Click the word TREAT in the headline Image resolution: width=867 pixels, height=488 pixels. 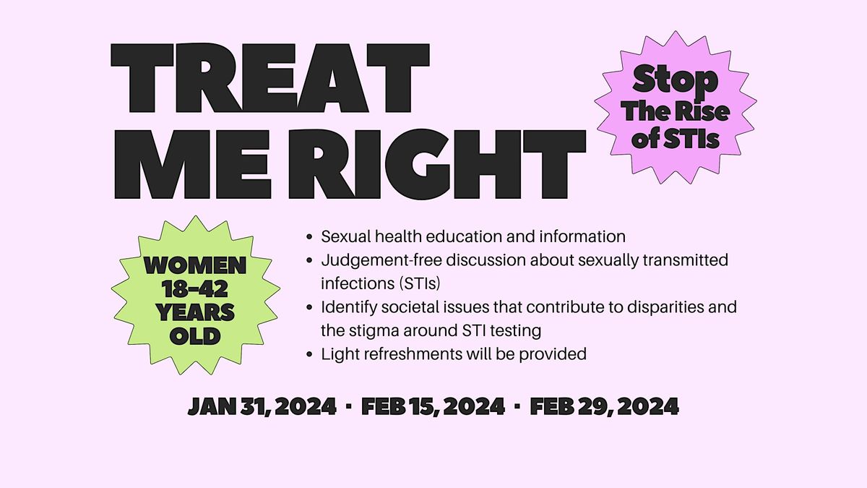point(270,78)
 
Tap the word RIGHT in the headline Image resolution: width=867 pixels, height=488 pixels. point(437,164)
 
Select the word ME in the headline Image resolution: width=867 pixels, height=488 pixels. point(192,164)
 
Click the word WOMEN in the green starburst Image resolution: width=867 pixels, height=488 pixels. point(195,265)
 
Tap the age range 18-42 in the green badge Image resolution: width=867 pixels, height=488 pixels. point(195,289)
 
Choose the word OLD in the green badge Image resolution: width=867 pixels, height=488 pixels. point(195,335)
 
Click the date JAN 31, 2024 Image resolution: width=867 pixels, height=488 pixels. point(262,406)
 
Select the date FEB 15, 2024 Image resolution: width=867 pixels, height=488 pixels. point(433,406)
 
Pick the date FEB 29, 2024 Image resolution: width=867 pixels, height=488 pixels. point(604,406)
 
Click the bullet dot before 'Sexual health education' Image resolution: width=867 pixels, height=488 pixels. point(309,237)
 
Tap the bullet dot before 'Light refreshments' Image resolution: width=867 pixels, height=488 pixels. point(309,354)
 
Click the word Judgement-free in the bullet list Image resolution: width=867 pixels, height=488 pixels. point(381,260)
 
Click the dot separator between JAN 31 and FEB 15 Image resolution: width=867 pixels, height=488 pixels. point(349,406)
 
